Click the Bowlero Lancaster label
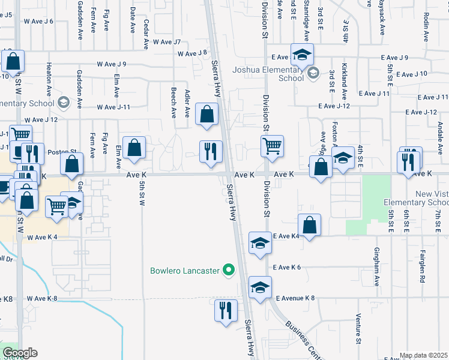(x=184, y=271)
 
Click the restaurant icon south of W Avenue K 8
(x=226, y=311)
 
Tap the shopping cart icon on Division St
(x=273, y=146)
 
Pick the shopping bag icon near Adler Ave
(x=207, y=114)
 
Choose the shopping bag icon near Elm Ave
(x=135, y=148)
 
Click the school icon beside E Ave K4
(x=260, y=243)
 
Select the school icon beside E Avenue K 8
(x=260, y=287)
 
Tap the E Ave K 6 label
(x=286, y=267)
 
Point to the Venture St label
(x=357, y=324)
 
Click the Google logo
(x=20, y=353)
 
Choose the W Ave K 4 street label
(x=42, y=237)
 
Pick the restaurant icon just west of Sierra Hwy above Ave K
(x=211, y=151)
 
